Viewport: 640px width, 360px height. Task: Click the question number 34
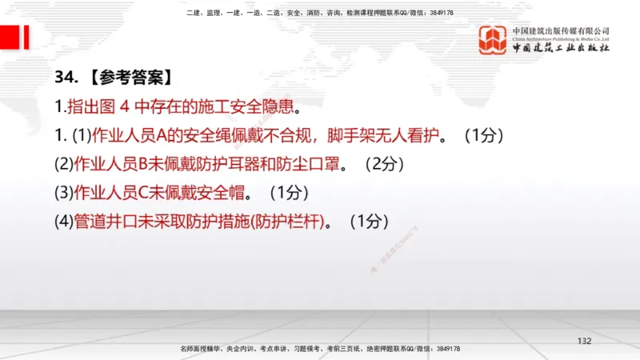[66, 78]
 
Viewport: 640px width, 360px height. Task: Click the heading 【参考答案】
[127, 78]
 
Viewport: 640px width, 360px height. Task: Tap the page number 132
[584, 341]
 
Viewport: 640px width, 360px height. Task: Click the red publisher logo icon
[494, 40]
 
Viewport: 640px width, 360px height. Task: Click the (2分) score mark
[383, 164]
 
